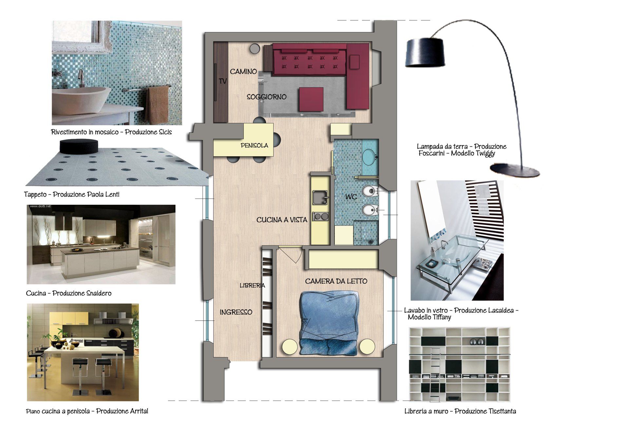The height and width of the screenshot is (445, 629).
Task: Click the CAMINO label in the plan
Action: [243, 71]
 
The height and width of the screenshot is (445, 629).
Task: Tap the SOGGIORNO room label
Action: [266, 97]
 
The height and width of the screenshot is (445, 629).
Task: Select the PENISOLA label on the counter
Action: [254, 145]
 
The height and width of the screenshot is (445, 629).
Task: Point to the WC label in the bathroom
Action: [351, 197]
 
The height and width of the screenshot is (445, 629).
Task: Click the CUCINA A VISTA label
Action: [282, 220]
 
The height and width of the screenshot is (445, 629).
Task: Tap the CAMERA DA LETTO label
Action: [336, 281]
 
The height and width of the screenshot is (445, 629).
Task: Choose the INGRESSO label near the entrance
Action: [236, 312]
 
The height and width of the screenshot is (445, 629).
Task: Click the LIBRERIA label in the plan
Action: [252, 286]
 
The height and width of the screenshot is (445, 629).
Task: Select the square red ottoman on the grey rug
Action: [311, 99]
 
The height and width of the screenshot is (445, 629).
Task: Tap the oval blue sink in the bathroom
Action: [370, 157]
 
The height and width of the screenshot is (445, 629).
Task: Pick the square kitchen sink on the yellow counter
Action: [320, 197]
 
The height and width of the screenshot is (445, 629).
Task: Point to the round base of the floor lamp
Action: [515, 170]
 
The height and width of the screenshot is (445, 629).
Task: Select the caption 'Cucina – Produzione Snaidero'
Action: [69, 293]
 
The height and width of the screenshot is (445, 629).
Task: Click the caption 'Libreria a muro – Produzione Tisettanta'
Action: [460, 411]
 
